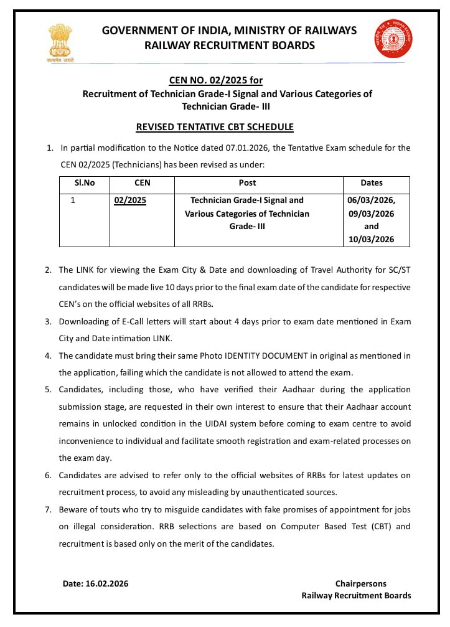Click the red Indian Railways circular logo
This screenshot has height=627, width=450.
pyautogui.click(x=390, y=39)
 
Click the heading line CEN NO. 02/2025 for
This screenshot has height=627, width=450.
pyautogui.click(x=216, y=80)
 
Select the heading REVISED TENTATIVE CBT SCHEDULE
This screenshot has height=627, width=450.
pyautogui.click(x=215, y=127)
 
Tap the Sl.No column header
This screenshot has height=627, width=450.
pyautogui.click(x=85, y=183)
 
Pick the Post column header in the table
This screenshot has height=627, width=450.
pyautogui.click(x=247, y=183)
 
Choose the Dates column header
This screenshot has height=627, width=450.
pyautogui.click(x=372, y=183)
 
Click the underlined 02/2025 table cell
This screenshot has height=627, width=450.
pyautogui.click(x=130, y=200)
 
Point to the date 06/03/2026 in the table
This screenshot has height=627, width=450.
pyautogui.click(x=371, y=200)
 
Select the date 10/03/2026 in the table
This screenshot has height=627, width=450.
pyautogui.click(x=371, y=240)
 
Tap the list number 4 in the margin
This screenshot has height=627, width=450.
pyautogui.click(x=48, y=356)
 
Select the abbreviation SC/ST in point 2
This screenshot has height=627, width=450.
pyautogui.click(x=398, y=270)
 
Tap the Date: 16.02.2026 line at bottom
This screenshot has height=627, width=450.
pyautogui.click(x=95, y=583)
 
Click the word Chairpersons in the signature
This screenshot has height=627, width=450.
pyautogui.click(x=360, y=583)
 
